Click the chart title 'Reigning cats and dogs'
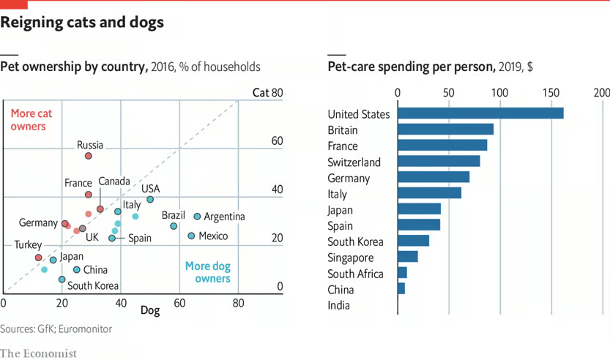click(x=82, y=23)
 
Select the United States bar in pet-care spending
click(x=480, y=113)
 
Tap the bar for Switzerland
click(x=439, y=161)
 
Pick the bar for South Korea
click(x=413, y=241)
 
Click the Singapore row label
click(x=351, y=258)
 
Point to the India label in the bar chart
click(x=338, y=305)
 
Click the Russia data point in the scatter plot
click(x=89, y=156)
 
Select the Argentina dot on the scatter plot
click(x=197, y=217)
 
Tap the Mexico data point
click(x=191, y=236)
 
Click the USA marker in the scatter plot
click(x=150, y=199)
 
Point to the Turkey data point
click(x=38, y=258)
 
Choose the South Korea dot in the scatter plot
click(x=62, y=279)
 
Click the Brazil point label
click(x=174, y=215)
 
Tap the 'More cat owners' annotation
click(x=31, y=120)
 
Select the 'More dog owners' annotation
click(x=208, y=272)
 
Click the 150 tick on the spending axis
click(x=551, y=93)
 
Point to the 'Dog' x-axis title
click(x=149, y=311)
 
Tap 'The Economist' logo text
click(x=38, y=353)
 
